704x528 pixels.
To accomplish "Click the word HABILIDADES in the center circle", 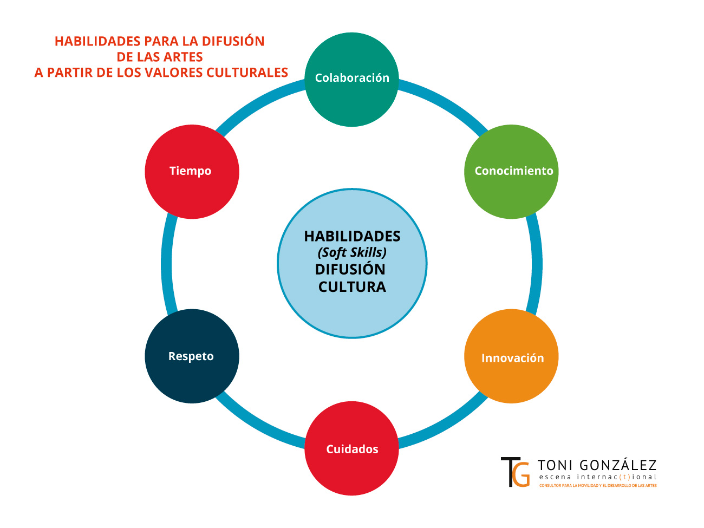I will point(352,236).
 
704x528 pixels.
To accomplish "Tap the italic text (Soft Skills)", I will point(352,252).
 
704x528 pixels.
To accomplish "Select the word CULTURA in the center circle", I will point(352,286).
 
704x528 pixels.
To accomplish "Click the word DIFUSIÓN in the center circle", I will point(350,269).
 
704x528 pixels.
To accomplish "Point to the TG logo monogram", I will point(515,472).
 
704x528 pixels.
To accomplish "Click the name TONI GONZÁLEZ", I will point(597,465).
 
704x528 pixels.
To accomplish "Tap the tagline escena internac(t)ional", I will point(597,477).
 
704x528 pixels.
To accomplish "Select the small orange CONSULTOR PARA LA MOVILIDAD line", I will point(597,486).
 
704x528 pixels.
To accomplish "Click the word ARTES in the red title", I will point(185,57).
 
